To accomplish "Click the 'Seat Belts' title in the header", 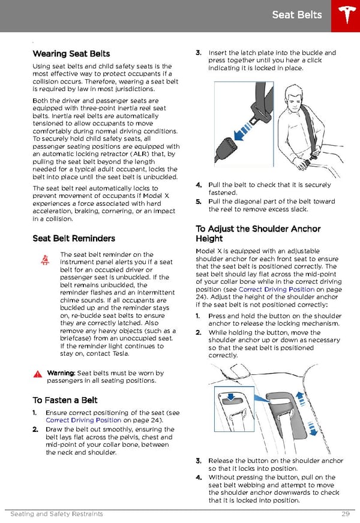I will [x=296, y=15].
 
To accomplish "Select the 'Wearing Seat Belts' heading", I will [x=71, y=54].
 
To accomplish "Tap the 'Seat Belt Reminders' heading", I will [x=74, y=238].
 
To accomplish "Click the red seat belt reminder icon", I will [x=45, y=260].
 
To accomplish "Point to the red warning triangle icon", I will [x=38, y=374].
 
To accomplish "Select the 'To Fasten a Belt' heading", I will [x=65, y=400].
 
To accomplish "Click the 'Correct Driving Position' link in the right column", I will [x=277, y=289].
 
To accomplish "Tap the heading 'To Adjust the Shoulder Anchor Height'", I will [x=258, y=233].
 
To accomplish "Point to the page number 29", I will [x=344, y=514].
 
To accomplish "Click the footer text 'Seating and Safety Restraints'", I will [x=56, y=514].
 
